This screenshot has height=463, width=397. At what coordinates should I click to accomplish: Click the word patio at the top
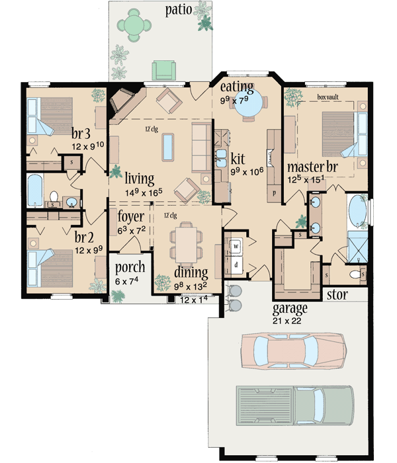point(179,10)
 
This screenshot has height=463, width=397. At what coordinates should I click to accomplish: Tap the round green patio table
point(135,25)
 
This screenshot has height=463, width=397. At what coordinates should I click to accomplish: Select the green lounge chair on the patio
point(161,69)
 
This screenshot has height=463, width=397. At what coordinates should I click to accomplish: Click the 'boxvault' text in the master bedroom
point(328,97)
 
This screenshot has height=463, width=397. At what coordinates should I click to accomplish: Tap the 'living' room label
point(139,178)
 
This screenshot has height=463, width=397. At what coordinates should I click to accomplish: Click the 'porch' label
point(129,269)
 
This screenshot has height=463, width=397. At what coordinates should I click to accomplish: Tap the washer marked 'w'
point(234,245)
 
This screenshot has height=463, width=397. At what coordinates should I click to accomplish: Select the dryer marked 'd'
point(234,264)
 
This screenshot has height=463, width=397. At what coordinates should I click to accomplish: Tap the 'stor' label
point(337,293)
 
